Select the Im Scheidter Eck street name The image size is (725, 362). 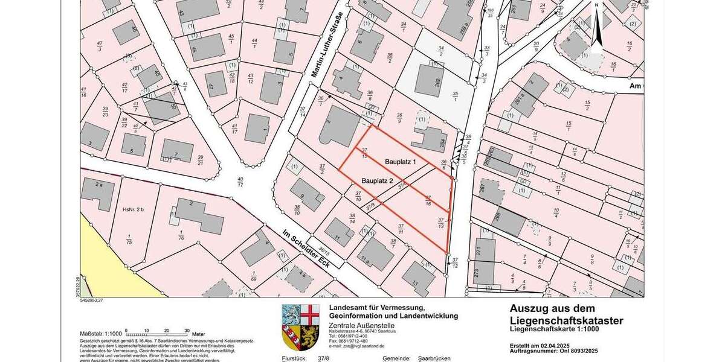click(x=308, y=249)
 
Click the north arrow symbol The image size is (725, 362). click(x=596, y=24)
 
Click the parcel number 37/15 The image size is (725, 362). click(x=364, y=153)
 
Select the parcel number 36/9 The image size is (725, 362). click(x=399, y=118)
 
